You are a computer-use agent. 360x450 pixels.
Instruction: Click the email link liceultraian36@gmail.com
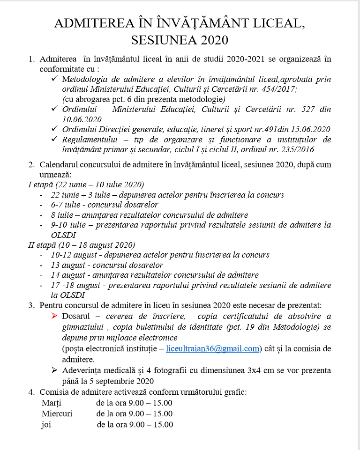213,348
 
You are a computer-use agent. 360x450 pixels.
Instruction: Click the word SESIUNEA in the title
165,40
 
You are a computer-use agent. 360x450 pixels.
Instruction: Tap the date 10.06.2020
82,119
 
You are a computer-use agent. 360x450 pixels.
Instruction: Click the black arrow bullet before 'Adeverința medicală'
55,370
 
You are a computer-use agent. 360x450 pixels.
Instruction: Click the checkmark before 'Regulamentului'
55,139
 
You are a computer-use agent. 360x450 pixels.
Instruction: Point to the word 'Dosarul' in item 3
76,316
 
